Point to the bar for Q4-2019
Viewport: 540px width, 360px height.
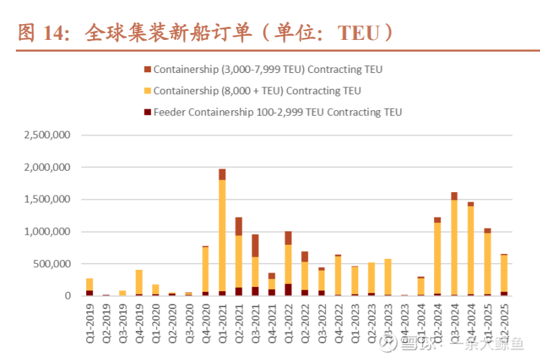pos(139,282)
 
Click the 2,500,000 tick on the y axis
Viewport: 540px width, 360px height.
pos(47,135)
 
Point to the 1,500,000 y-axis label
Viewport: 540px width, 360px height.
pos(47,200)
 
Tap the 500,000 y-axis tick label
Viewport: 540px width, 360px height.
pos(52,264)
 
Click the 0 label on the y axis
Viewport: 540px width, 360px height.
pos(67,296)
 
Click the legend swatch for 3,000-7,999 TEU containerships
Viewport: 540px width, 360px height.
pos(147,70)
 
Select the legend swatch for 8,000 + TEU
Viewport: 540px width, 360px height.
pos(147,91)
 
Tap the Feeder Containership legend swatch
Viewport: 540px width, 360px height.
pos(147,112)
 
